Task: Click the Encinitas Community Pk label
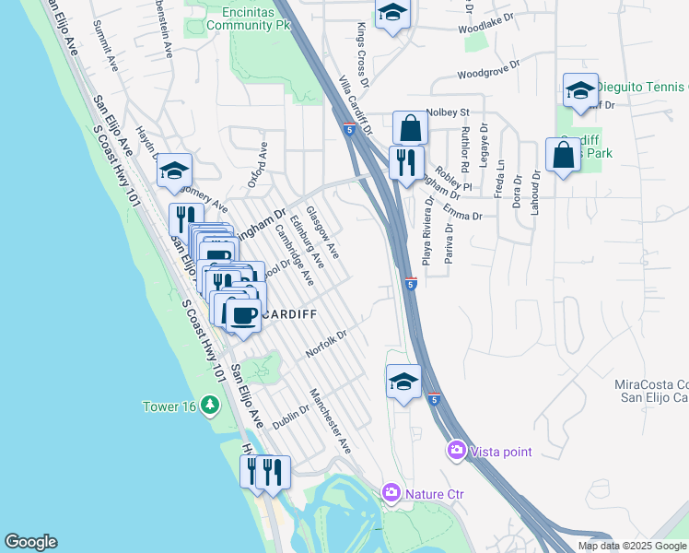(238, 19)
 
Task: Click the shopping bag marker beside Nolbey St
(410, 128)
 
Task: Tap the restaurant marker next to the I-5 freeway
(405, 163)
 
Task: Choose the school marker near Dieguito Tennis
(580, 91)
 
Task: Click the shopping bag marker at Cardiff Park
(563, 155)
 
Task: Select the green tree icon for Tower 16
(211, 405)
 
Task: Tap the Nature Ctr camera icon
(391, 494)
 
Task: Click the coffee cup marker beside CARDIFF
(243, 315)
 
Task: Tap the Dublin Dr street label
(291, 415)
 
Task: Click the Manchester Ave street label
(332, 420)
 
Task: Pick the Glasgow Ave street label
(323, 232)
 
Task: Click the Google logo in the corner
(30, 542)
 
